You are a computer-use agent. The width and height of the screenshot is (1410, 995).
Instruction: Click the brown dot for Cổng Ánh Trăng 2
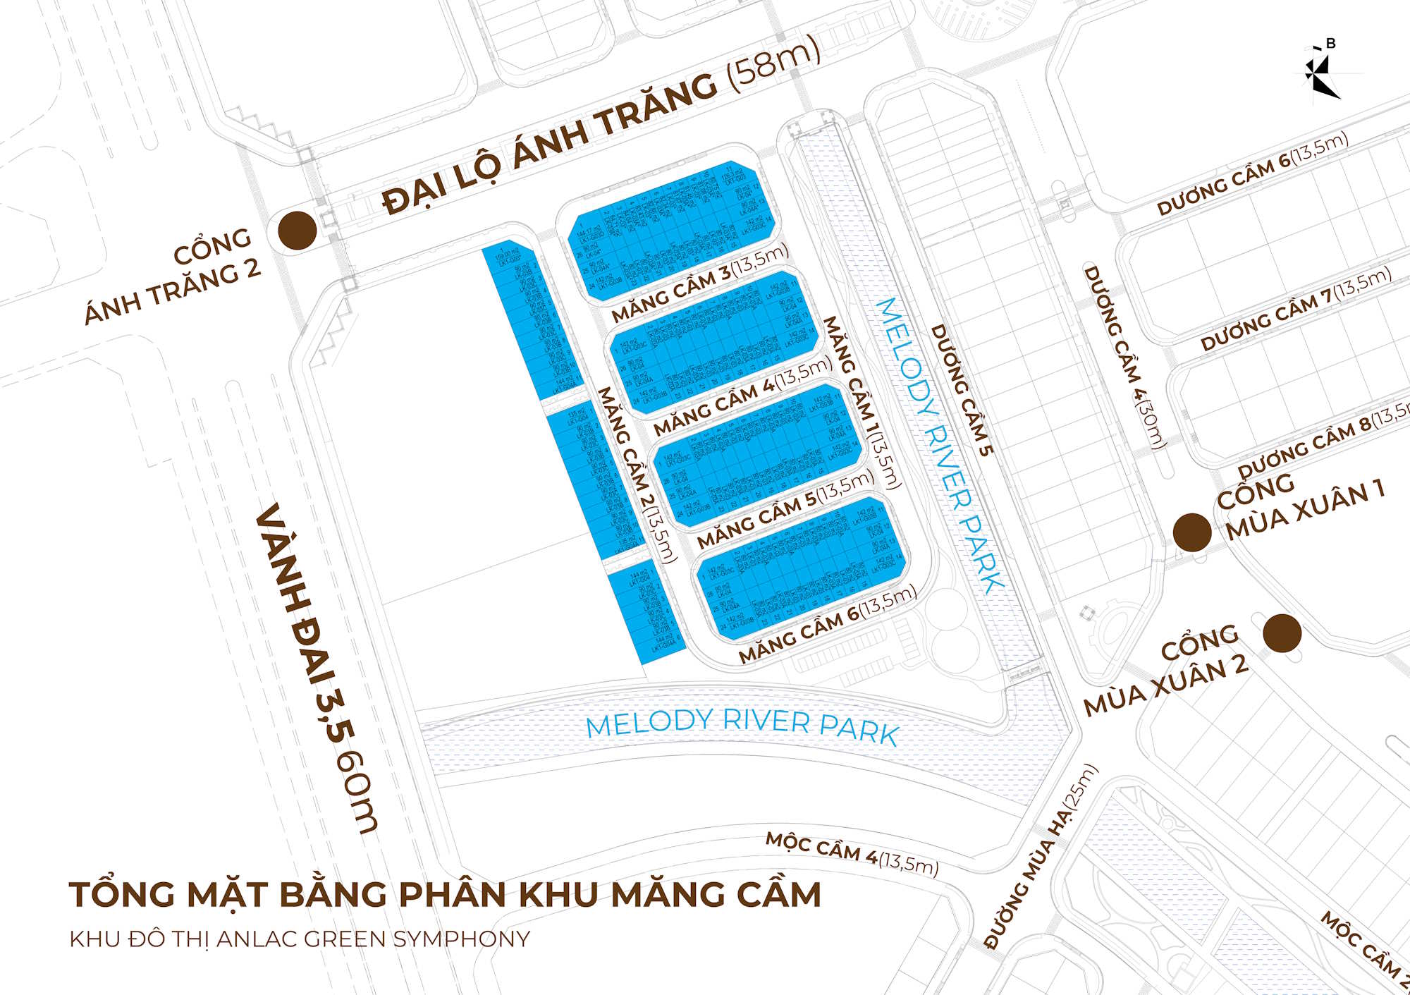point(297,230)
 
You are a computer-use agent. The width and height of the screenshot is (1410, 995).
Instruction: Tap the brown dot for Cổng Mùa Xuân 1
point(1192,532)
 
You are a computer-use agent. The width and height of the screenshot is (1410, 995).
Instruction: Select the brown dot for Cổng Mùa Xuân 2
point(1282,633)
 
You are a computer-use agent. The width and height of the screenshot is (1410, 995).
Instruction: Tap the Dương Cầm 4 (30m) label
point(1124,356)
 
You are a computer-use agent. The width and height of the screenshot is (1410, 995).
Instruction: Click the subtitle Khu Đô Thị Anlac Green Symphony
point(300,939)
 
